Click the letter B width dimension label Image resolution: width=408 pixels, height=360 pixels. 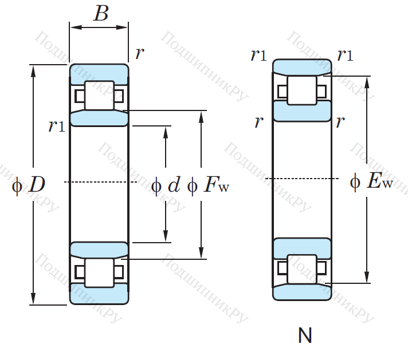coord(101,14)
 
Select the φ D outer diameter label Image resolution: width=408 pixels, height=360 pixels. coord(29,184)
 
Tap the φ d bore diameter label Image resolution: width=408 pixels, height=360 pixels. coord(166,184)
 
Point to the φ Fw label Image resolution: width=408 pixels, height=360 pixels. coord(208,184)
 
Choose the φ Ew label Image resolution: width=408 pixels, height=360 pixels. coord(372,182)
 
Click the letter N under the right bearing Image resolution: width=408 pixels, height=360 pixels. coord(305,335)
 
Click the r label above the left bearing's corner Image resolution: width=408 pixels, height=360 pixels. coord(139,54)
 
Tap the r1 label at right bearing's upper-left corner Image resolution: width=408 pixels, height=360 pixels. coord(258,55)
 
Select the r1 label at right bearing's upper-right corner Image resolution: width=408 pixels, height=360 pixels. coord(345,55)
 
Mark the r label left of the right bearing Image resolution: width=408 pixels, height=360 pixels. coord(259,121)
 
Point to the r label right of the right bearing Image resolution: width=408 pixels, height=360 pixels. coord(340,121)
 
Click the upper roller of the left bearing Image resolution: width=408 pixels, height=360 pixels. coord(99,96)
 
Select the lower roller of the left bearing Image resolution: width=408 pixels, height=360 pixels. coord(99,272)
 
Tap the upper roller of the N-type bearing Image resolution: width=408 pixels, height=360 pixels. coord(301,90)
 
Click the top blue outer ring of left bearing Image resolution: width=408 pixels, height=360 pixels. coord(99,74)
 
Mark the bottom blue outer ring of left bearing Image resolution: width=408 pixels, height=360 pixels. coord(99,294)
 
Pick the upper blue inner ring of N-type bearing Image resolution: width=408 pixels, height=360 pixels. coord(301,111)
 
